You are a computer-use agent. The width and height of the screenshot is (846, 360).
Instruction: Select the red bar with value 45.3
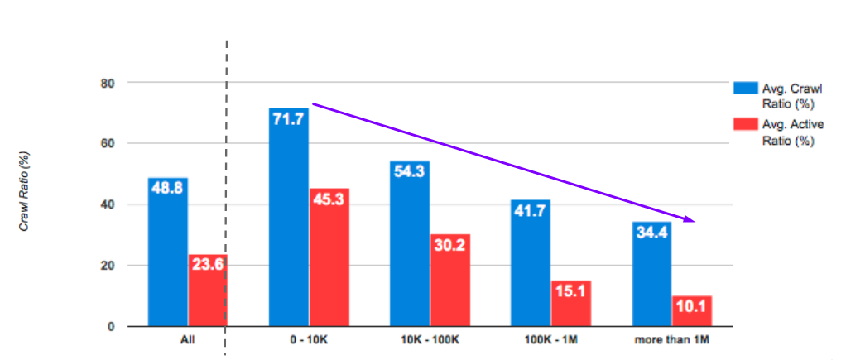click(x=329, y=257)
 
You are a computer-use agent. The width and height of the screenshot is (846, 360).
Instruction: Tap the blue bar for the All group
click(x=168, y=252)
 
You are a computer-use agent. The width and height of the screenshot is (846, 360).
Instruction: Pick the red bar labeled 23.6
click(x=207, y=290)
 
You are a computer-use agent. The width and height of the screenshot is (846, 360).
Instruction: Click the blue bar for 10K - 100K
click(x=410, y=243)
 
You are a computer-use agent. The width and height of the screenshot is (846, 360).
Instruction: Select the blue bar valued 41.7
click(x=530, y=262)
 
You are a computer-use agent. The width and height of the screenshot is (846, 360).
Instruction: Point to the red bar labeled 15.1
click(x=570, y=303)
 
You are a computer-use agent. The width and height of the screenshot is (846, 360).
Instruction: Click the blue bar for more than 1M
click(x=651, y=273)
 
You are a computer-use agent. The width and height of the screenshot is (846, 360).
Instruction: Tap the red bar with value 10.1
click(x=691, y=310)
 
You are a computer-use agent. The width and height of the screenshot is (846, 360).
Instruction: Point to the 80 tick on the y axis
click(x=108, y=83)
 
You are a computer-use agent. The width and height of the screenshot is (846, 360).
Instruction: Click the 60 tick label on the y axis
click(x=108, y=144)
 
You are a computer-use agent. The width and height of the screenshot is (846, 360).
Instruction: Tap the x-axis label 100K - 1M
click(x=550, y=340)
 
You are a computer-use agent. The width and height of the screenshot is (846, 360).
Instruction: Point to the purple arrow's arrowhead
click(x=689, y=219)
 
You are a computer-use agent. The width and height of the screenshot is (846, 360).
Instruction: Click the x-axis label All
click(x=188, y=340)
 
